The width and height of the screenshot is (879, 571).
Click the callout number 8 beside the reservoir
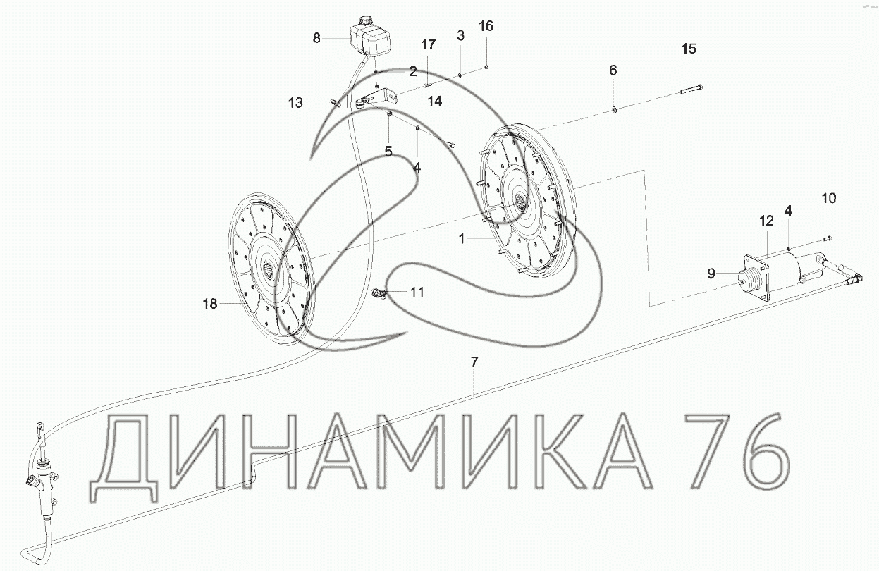pyautogui.click(x=316, y=38)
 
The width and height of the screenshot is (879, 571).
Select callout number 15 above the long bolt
pyautogui.click(x=689, y=49)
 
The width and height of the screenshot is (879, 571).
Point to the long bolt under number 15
pyautogui.click(x=691, y=89)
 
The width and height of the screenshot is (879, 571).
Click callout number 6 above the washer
pyautogui.click(x=613, y=70)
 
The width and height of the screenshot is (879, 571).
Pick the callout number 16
pyautogui.click(x=486, y=26)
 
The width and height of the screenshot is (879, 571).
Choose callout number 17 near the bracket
pyautogui.click(x=428, y=44)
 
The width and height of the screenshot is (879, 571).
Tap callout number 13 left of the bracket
pyautogui.click(x=295, y=103)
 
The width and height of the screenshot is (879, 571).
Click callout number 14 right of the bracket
pyautogui.click(x=434, y=102)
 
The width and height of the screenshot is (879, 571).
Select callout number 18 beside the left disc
pyautogui.click(x=210, y=303)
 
